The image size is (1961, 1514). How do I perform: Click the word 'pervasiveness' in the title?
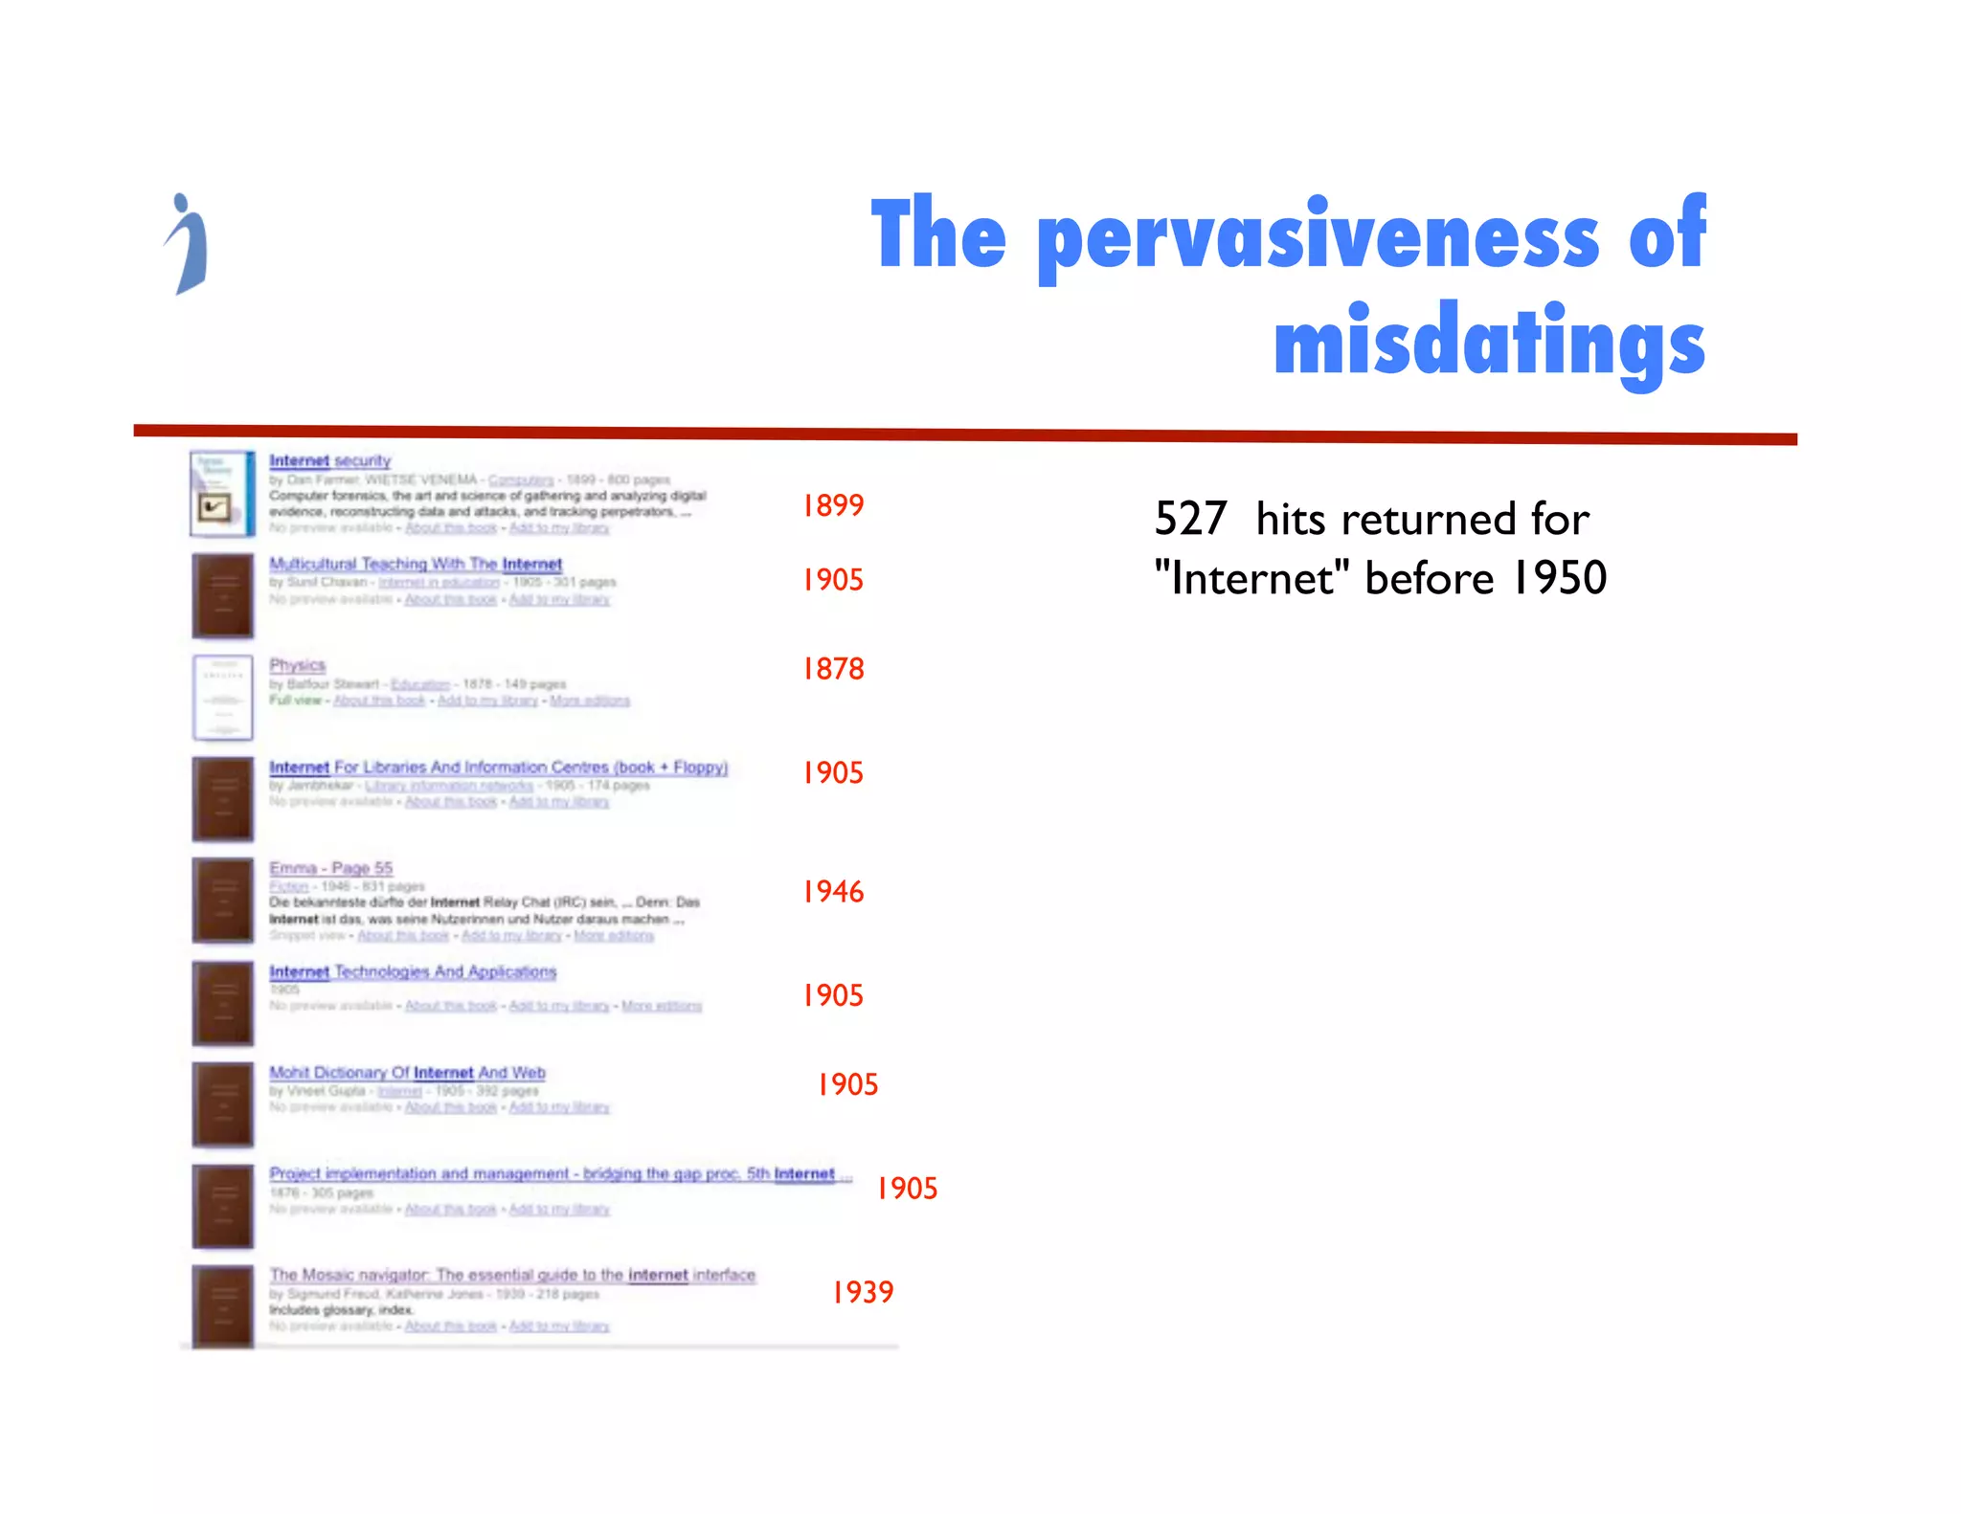(x=1318, y=236)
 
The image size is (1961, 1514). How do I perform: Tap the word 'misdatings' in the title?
(x=1489, y=343)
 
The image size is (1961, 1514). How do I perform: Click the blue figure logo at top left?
(x=188, y=244)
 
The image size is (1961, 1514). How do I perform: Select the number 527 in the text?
(x=1190, y=519)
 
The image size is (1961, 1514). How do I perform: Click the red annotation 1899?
(x=833, y=505)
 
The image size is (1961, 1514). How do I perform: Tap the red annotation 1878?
(x=833, y=669)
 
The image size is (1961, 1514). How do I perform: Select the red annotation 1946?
(x=833, y=892)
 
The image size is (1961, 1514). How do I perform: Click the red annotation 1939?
(x=863, y=1293)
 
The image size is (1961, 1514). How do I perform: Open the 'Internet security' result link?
(x=330, y=460)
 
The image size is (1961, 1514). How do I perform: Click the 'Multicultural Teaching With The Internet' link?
(x=416, y=564)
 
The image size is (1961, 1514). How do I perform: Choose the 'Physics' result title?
(x=297, y=665)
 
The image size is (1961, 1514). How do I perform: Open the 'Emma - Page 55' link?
(x=331, y=868)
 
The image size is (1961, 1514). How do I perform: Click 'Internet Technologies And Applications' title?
(x=413, y=971)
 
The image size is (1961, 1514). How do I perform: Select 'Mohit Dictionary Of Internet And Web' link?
(x=407, y=1073)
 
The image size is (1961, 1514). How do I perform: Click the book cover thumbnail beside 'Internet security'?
(x=222, y=494)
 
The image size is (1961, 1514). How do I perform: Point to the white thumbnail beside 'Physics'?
(x=222, y=698)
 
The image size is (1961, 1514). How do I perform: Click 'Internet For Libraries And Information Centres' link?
(x=498, y=767)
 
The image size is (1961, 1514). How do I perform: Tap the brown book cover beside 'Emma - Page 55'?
(x=222, y=901)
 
